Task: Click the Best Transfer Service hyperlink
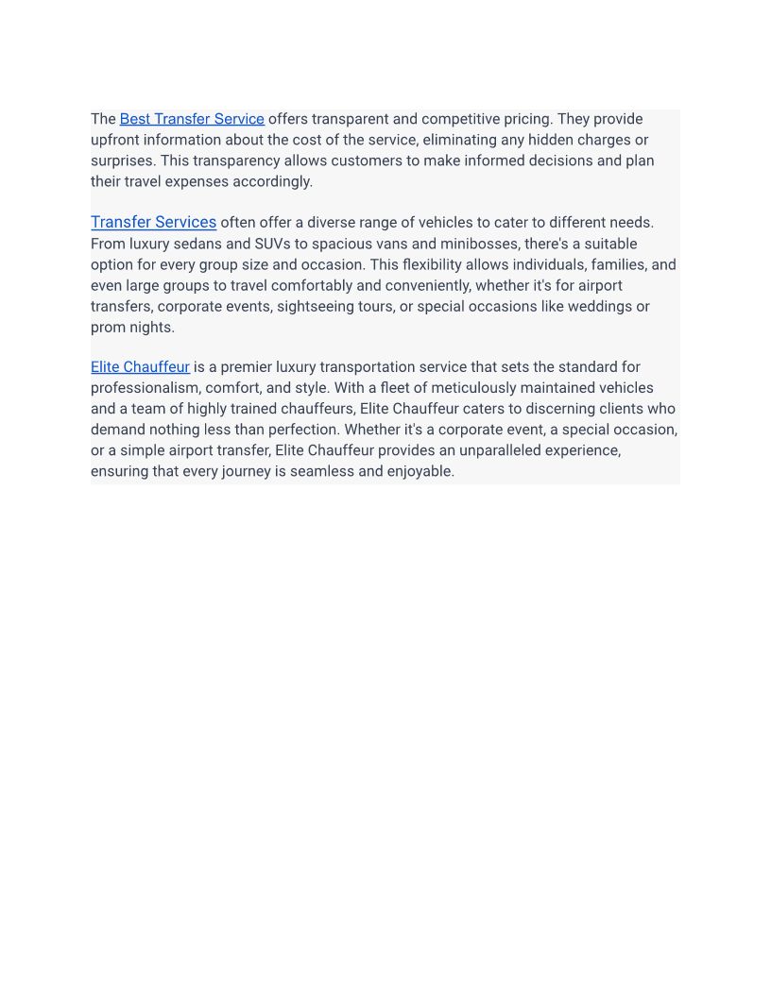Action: click(192, 119)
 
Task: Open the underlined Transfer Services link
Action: click(153, 223)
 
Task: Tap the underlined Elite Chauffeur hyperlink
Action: click(140, 367)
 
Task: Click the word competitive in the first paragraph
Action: click(467, 119)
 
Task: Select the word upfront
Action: click(115, 140)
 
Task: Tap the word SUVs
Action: click(272, 244)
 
